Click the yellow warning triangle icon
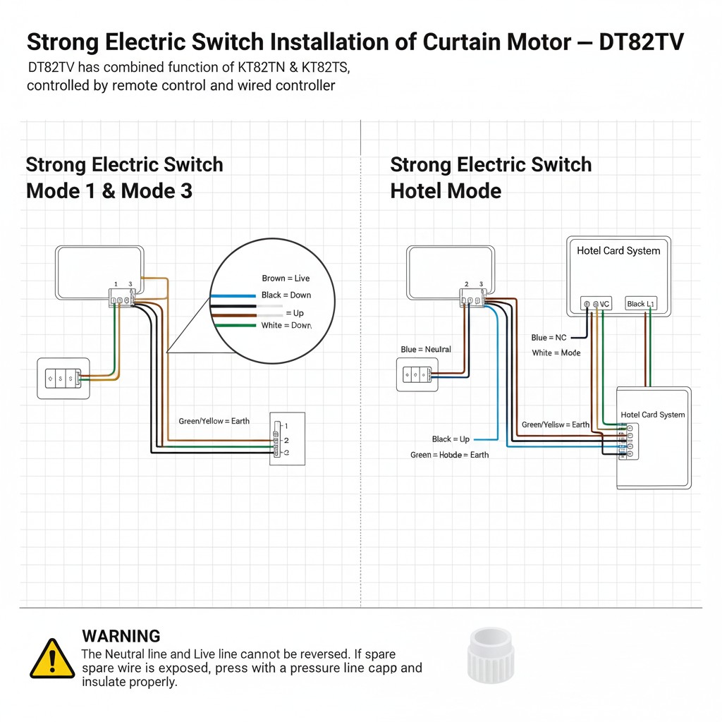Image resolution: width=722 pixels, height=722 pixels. pyautogui.click(x=52, y=659)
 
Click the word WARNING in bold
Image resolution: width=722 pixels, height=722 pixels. pyautogui.click(x=121, y=636)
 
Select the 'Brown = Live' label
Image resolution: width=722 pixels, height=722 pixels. pyautogui.click(x=286, y=279)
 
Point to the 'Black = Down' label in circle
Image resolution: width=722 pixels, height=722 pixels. pyautogui.click(x=286, y=295)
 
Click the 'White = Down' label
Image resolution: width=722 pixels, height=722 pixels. pyautogui.click(x=286, y=325)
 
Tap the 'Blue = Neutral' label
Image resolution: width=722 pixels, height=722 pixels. pyautogui.click(x=426, y=349)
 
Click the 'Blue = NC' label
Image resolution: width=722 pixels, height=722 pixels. pyautogui.click(x=549, y=338)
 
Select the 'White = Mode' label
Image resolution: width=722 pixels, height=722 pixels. pyautogui.click(x=556, y=353)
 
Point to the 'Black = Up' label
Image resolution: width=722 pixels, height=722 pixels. pyautogui.click(x=451, y=439)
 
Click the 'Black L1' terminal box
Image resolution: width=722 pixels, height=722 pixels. pyautogui.click(x=641, y=303)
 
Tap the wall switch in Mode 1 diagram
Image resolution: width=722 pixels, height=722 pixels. pyautogui.click(x=63, y=379)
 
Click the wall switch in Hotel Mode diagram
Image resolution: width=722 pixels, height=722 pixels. pyautogui.click(x=417, y=375)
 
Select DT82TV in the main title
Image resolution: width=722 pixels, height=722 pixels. pyautogui.click(x=641, y=42)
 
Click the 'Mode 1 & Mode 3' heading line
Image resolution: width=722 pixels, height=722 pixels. pyautogui.click(x=109, y=190)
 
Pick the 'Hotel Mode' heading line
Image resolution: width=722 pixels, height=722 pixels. pyautogui.click(x=446, y=190)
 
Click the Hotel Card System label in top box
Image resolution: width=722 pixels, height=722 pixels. pyautogui.click(x=618, y=250)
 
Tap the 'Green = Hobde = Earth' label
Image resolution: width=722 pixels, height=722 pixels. pyautogui.click(x=449, y=455)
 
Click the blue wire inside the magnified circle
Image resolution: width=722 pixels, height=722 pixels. pyautogui.click(x=233, y=295)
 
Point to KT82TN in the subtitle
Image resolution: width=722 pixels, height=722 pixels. pyautogui.click(x=247, y=68)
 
